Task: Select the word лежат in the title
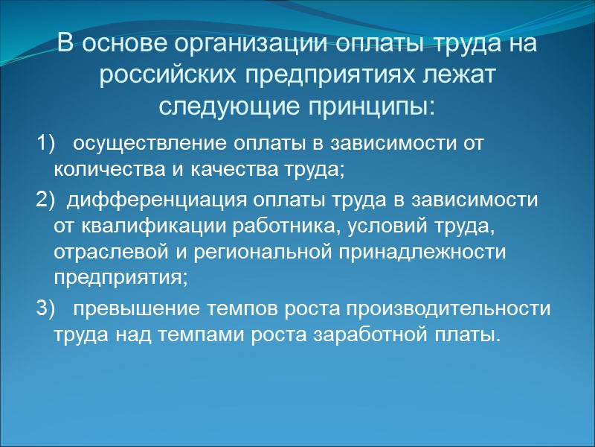coord(458,74)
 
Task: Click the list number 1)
coord(45,142)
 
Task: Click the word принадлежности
coord(421,253)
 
